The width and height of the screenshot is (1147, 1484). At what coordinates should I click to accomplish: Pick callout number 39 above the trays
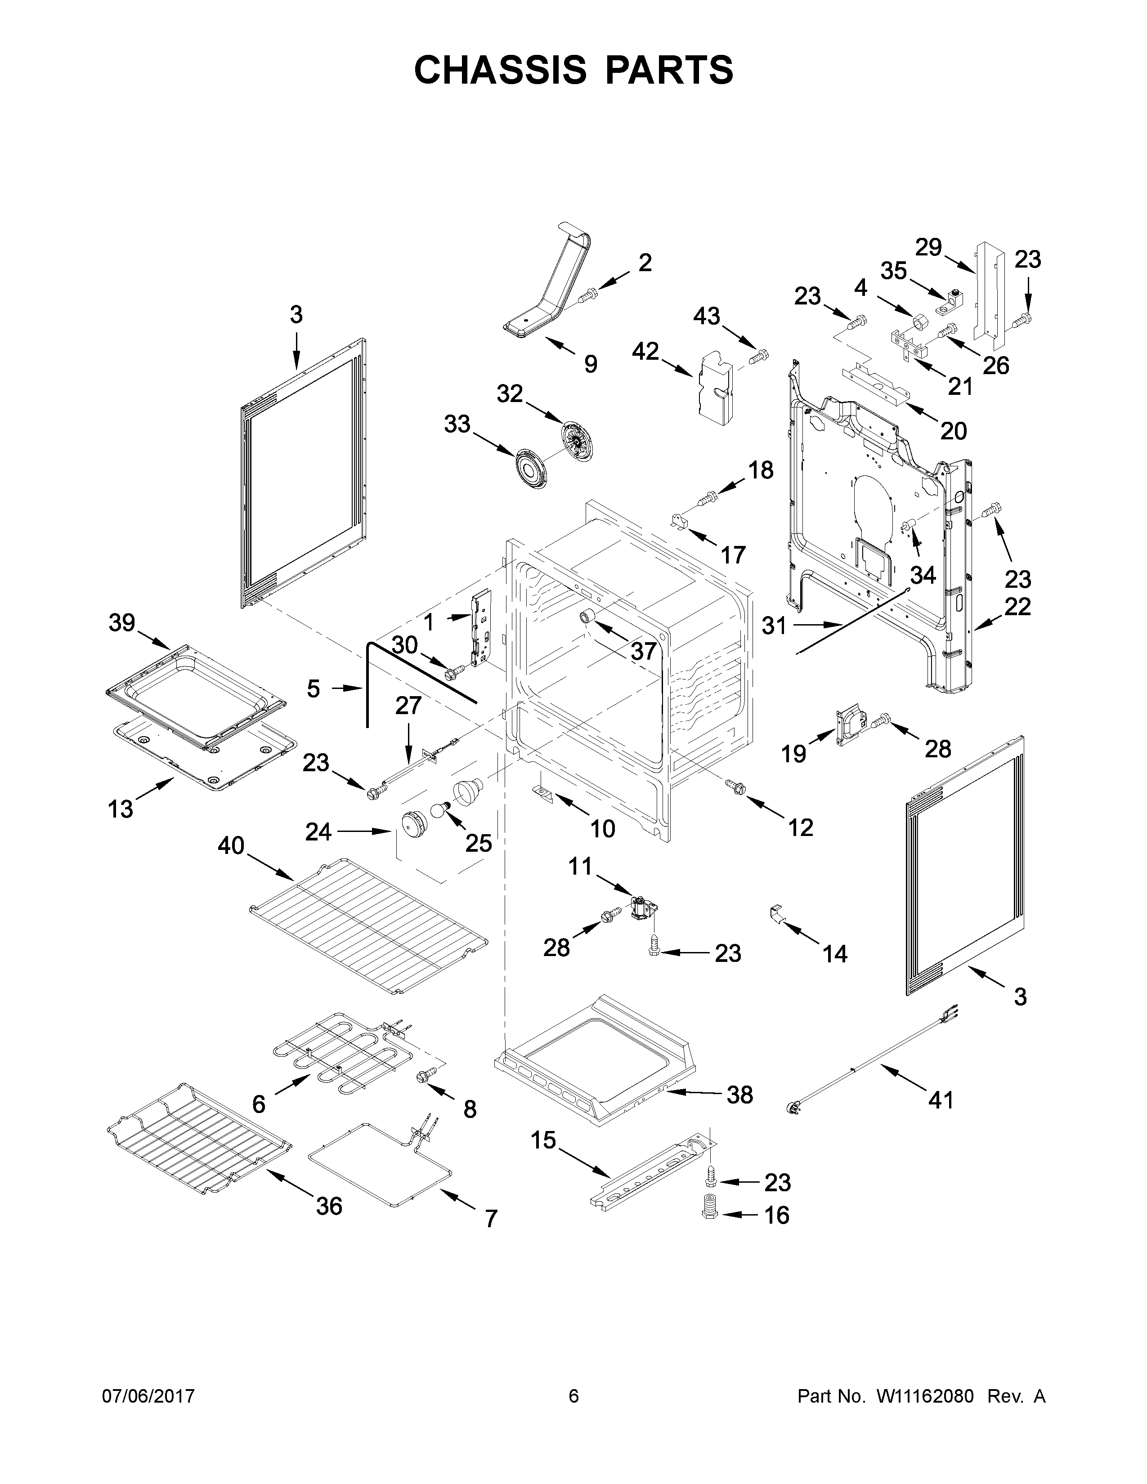pyautogui.click(x=122, y=622)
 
